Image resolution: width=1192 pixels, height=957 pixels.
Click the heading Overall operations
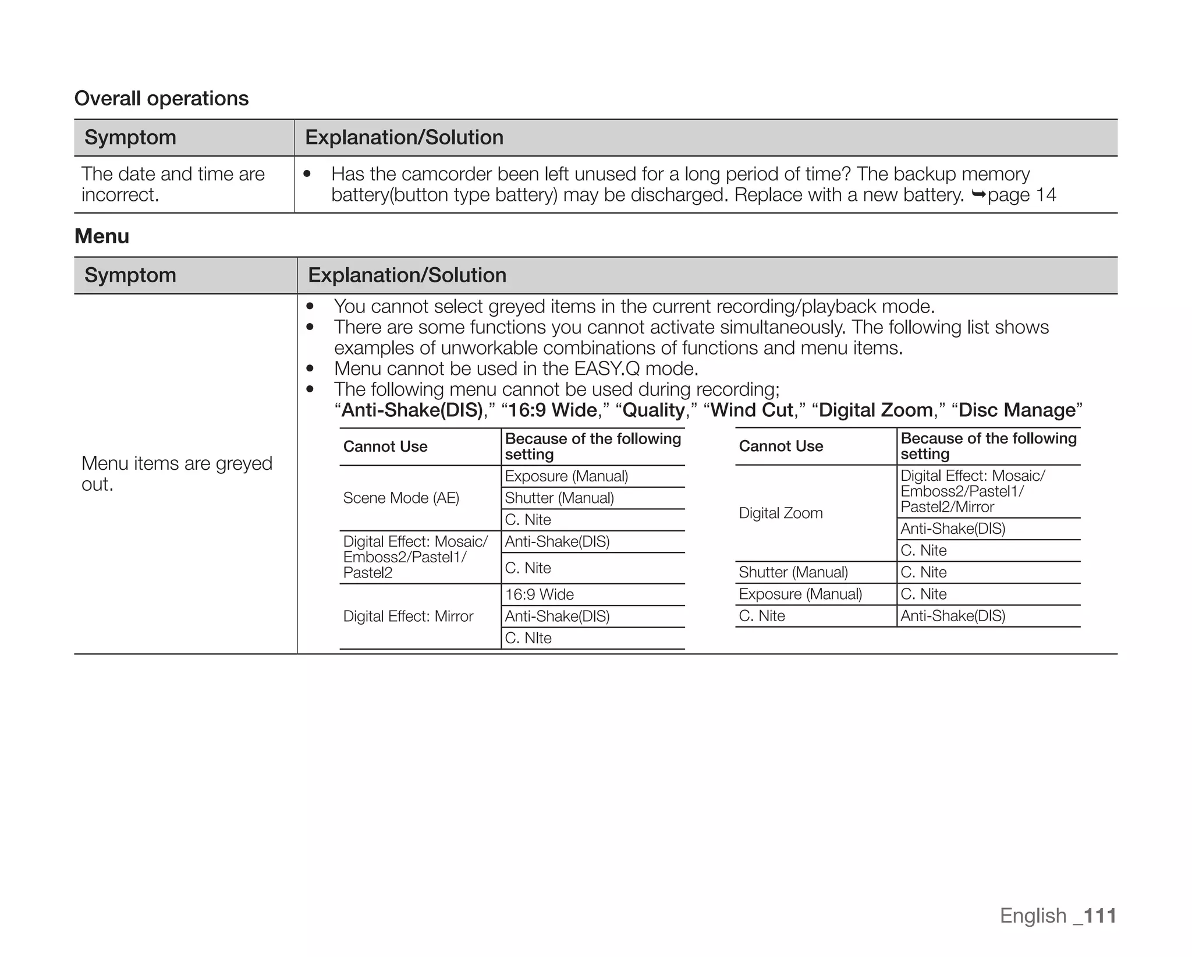161,98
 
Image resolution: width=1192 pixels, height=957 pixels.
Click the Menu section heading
102,236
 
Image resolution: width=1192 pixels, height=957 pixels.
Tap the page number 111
1099,915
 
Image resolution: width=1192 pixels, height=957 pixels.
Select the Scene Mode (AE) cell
401,498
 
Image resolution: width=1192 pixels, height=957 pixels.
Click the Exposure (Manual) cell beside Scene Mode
566,476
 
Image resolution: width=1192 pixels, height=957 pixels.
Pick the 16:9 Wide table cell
539,594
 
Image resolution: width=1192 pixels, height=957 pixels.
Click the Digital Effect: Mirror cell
408,616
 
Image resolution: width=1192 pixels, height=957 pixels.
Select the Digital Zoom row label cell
781,513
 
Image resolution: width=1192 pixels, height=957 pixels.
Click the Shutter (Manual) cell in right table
793,572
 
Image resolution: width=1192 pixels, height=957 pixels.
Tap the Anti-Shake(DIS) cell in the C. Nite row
953,616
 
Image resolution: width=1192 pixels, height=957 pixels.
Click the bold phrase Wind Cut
751,410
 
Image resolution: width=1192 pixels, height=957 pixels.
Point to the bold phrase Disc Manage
1017,410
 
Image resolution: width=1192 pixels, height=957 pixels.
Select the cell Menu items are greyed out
176,473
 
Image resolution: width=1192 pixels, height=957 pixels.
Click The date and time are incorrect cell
173,184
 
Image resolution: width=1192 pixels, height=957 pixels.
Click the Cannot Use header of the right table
781,446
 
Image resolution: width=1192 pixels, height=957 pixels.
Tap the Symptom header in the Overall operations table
130,137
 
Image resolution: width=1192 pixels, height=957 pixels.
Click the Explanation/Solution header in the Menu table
407,275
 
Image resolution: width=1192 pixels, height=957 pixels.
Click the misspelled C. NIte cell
528,638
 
